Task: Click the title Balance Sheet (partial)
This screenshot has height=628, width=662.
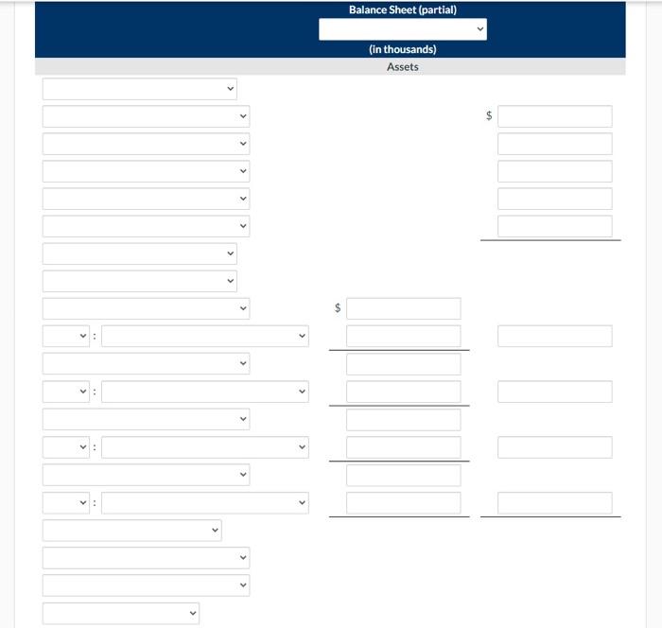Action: [402, 9]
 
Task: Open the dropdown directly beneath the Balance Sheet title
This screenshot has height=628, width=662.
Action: [402, 29]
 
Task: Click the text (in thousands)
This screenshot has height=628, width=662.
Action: [402, 49]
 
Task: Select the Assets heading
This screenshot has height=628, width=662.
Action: [402, 67]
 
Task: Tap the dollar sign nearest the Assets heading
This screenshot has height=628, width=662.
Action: [489, 116]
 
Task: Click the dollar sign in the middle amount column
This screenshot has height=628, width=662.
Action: [338, 308]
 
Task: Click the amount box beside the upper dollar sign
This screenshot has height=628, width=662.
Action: [554, 116]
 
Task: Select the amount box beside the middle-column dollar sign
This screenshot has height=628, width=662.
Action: [403, 308]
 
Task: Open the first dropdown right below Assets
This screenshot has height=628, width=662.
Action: [139, 89]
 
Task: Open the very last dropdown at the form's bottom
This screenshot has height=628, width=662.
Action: [120, 614]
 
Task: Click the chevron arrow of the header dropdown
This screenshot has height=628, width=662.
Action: [479, 29]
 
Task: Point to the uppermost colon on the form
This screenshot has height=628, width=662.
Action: [95, 337]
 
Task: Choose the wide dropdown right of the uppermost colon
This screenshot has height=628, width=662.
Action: [204, 337]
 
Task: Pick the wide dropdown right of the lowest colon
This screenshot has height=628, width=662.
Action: [204, 503]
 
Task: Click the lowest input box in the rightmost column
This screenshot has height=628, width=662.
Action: [554, 503]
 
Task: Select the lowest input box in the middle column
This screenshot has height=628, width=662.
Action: [403, 503]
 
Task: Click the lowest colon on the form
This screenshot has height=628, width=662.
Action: [95, 503]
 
